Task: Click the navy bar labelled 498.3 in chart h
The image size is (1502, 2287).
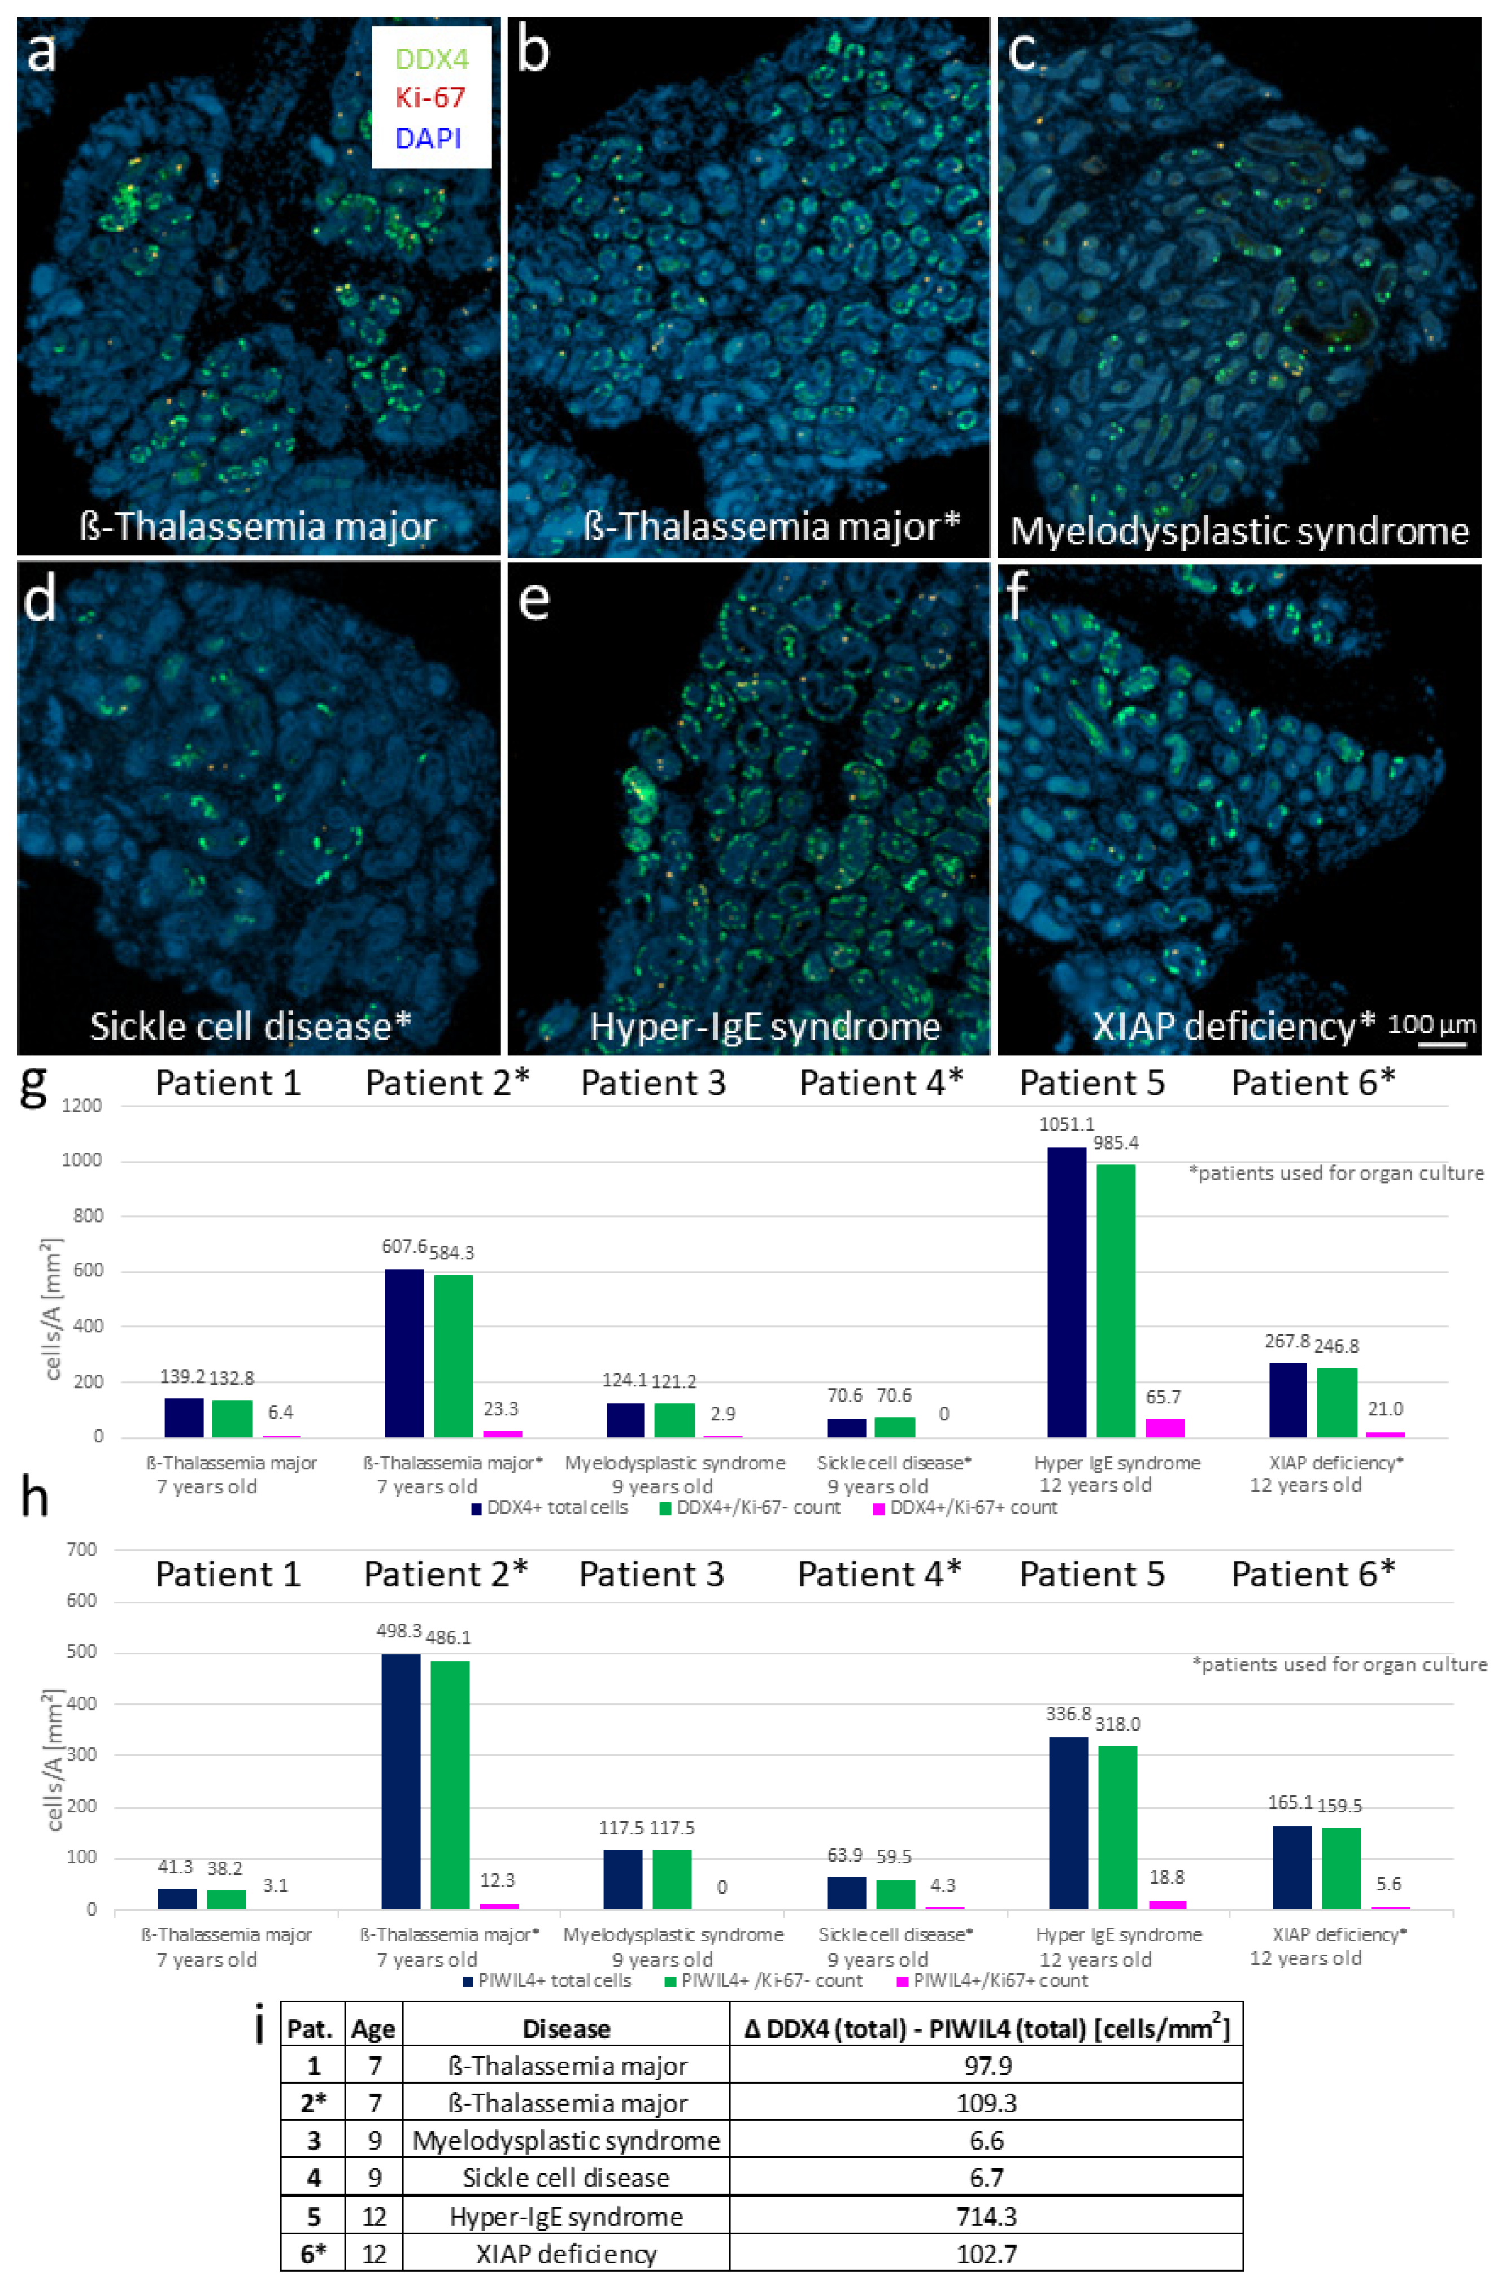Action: coord(400,1781)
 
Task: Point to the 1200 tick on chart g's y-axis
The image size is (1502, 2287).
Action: coord(82,1106)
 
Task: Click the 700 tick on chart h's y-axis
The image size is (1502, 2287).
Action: coord(82,1549)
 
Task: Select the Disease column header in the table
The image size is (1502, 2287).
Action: coord(566,2028)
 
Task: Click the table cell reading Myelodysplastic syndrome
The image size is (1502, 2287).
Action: coord(566,2140)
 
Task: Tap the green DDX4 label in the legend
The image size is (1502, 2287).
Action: coord(432,59)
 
